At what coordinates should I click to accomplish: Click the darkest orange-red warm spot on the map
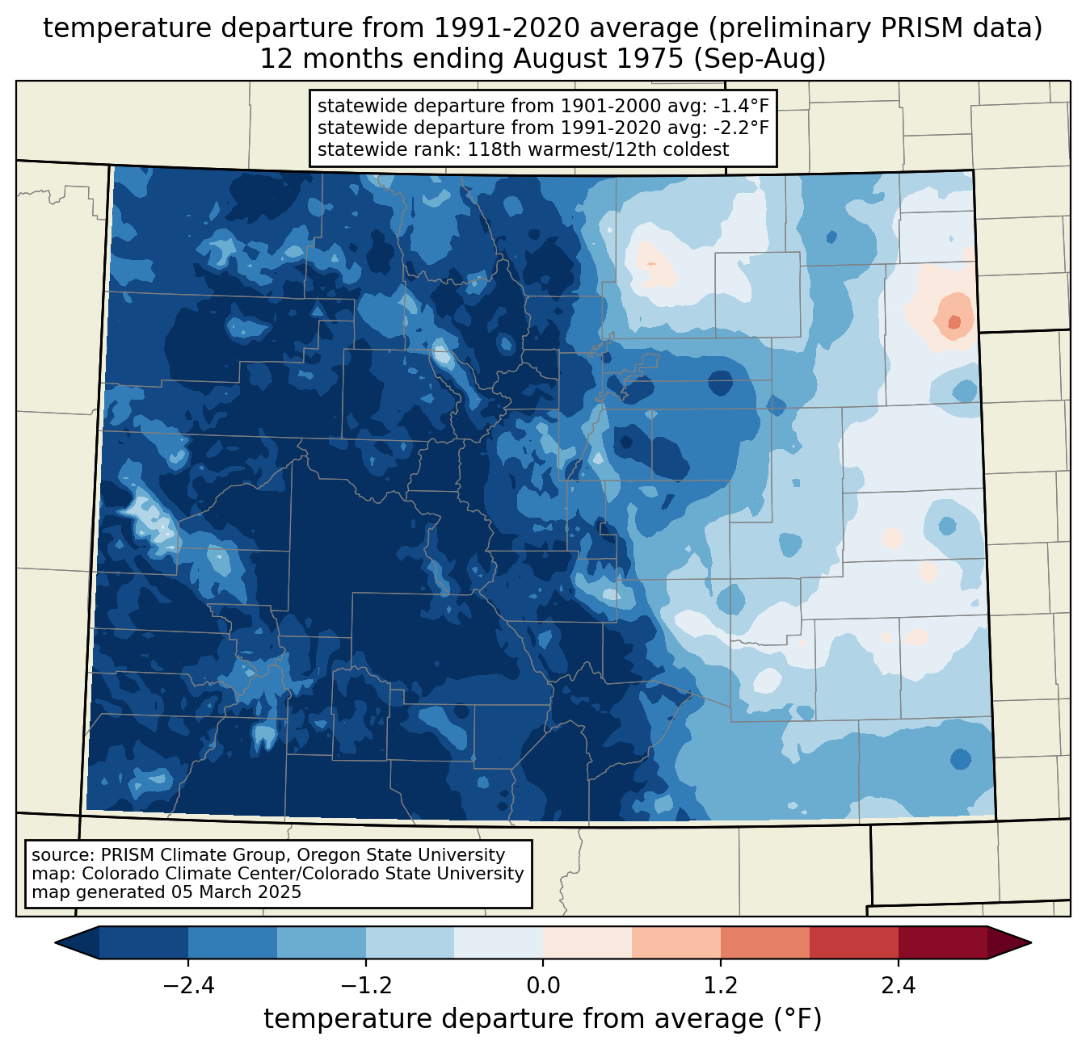954,322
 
